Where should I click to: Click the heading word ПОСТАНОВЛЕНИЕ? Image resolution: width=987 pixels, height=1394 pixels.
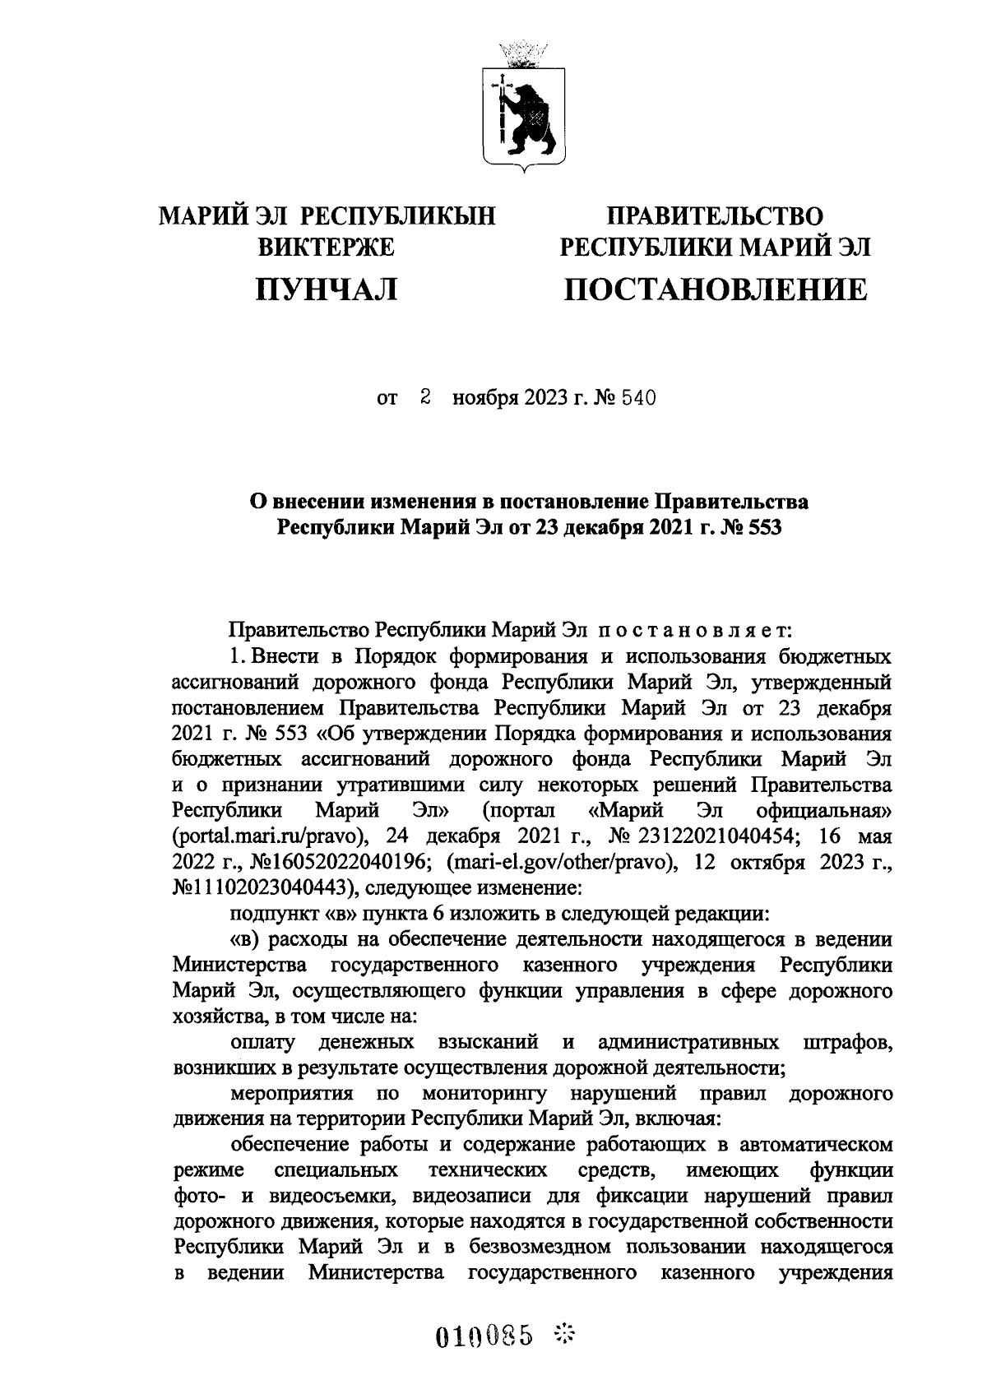714,289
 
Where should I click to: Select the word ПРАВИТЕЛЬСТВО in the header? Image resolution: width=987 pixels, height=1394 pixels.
714,217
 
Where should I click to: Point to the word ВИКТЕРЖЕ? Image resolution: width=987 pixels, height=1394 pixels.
327,247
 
